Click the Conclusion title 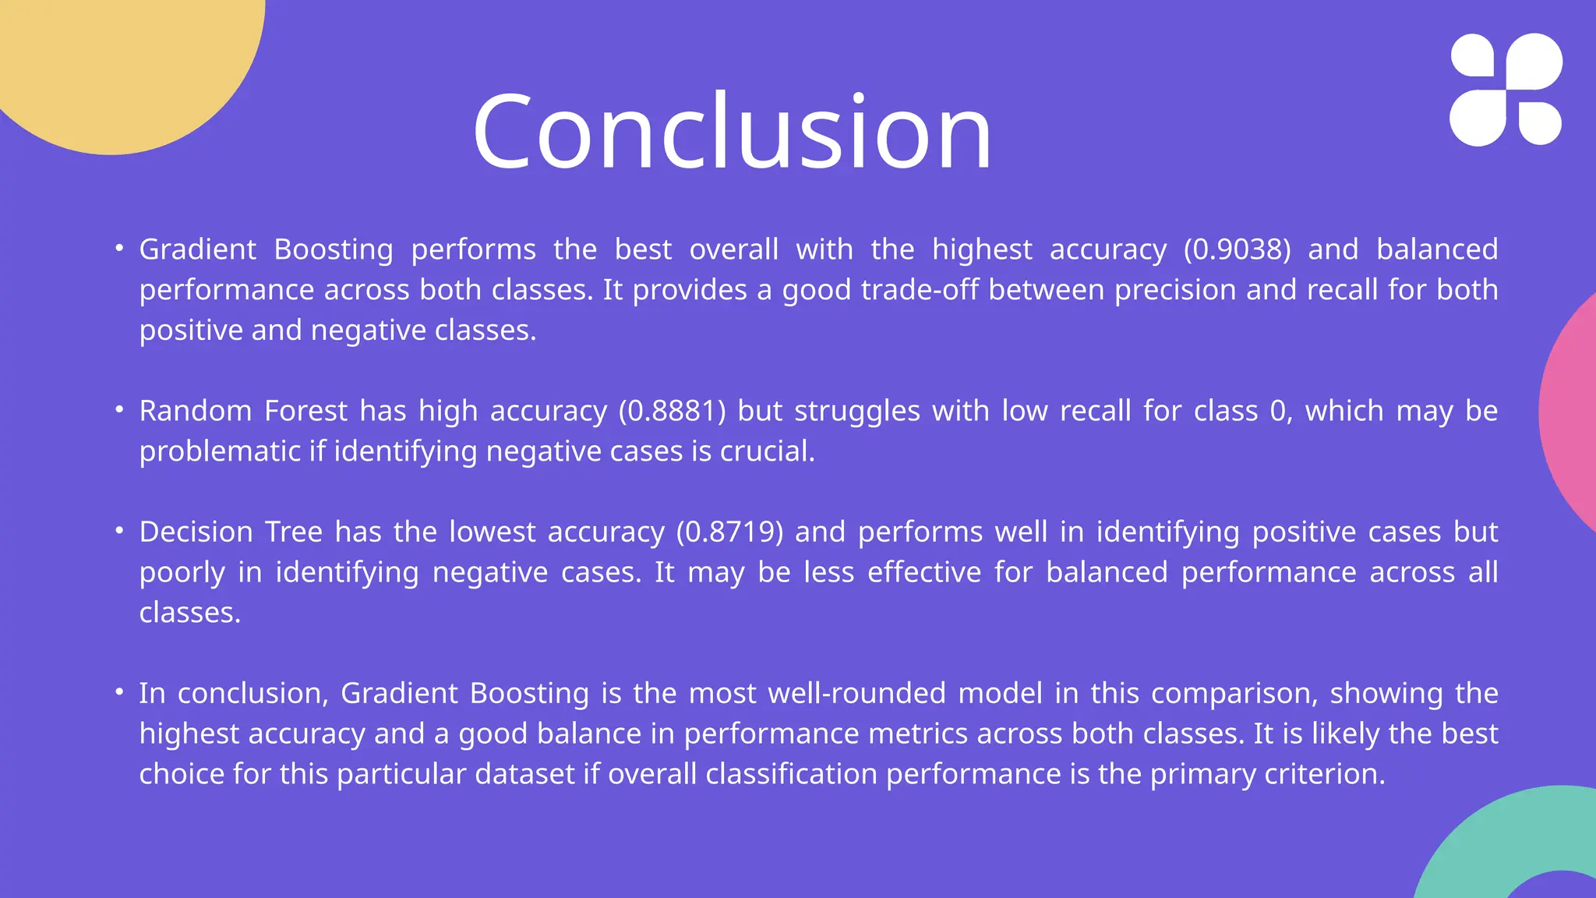[732, 131]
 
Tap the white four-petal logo [1506, 90]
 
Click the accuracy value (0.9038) [1237, 249]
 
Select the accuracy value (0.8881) [672, 411]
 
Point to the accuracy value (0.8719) [729, 532]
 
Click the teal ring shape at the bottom [1481, 857]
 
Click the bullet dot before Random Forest [119, 409]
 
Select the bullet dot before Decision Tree [119, 530]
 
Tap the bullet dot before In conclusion [119, 691]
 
